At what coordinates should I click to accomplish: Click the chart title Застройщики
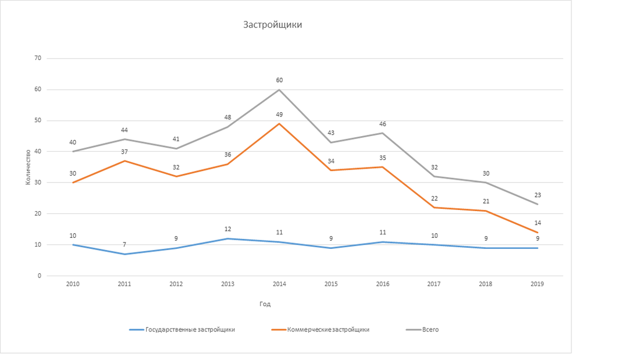tap(272, 25)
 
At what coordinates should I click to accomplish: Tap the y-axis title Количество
tap(28, 167)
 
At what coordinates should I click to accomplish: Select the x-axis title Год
tap(265, 304)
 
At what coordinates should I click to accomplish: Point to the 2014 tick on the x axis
tap(279, 284)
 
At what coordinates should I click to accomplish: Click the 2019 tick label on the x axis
tap(538, 284)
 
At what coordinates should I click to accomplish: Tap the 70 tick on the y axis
tap(38, 59)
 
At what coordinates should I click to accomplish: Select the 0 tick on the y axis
tap(40, 276)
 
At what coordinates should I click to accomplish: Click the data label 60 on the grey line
tap(279, 81)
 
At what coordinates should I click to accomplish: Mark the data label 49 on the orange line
tap(279, 115)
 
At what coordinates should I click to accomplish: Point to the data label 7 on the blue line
tap(125, 245)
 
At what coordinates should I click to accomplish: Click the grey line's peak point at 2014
tap(279, 90)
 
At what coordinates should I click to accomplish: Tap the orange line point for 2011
tap(125, 161)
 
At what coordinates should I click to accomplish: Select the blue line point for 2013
tap(227, 238)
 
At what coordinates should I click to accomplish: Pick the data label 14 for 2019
tap(538, 223)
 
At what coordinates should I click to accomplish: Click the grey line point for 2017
tap(434, 176)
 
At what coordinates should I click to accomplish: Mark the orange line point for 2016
tap(383, 167)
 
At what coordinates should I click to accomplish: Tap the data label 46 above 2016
tap(383, 124)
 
